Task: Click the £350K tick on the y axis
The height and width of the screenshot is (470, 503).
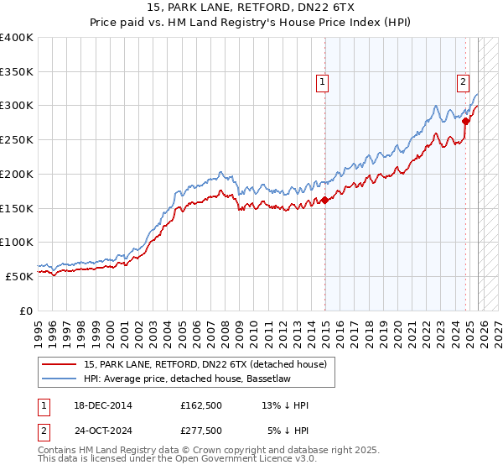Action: pyautogui.click(x=17, y=72)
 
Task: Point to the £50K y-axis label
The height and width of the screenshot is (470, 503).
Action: pyautogui.click(x=19, y=276)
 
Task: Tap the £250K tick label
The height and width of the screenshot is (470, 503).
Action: pyautogui.click(x=17, y=140)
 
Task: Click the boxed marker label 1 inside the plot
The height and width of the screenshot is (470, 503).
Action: pyautogui.click(x=323, y=81)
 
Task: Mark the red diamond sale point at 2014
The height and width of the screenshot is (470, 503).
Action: pyautogui.click(x=324, y=200)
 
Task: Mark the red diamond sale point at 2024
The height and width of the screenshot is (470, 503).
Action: pyautogui.click(x=466, y=121)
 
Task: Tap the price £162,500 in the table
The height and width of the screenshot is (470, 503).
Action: pyautogui.click(x=200, y=405)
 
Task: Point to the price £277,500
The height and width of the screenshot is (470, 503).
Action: pyautogui.click(x=200, y=430)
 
